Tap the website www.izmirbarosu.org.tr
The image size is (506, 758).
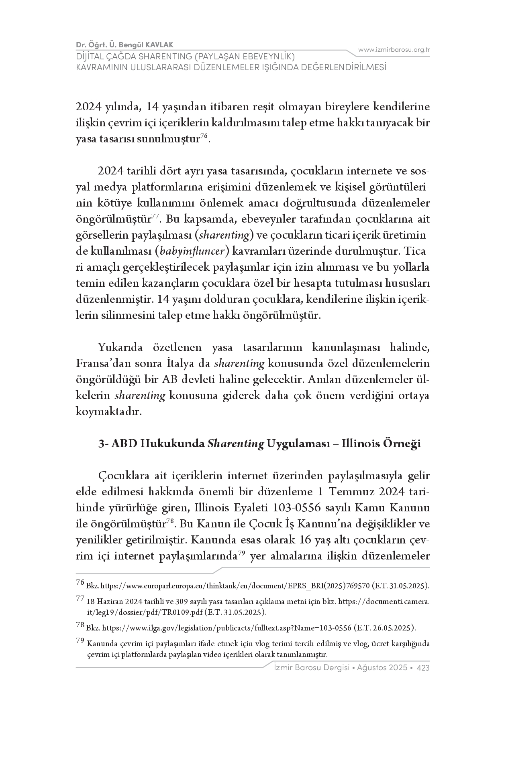click(394, 50)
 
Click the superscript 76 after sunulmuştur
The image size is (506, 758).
click(204, 137)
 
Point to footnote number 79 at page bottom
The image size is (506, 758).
click(80, 641)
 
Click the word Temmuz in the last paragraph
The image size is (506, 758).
click(354, 492)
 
